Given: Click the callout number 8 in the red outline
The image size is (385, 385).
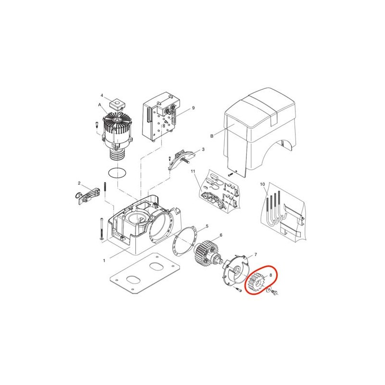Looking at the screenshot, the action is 271,275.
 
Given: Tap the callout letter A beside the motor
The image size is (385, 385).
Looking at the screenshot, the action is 100,105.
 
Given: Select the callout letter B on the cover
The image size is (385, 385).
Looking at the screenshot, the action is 212,136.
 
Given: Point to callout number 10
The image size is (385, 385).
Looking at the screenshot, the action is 262,184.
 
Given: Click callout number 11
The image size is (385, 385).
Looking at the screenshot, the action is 193,171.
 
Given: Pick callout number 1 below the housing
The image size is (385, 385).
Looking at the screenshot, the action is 104,260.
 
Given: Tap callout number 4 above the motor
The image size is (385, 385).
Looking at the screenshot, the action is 102,95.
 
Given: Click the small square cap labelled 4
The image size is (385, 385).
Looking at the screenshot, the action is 116,104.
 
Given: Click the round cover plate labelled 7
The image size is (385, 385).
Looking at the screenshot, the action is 236,272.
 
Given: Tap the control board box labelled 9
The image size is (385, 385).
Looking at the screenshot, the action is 161,116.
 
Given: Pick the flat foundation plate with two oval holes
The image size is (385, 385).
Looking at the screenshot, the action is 145,273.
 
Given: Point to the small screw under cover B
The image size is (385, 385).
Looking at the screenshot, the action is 230,174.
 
